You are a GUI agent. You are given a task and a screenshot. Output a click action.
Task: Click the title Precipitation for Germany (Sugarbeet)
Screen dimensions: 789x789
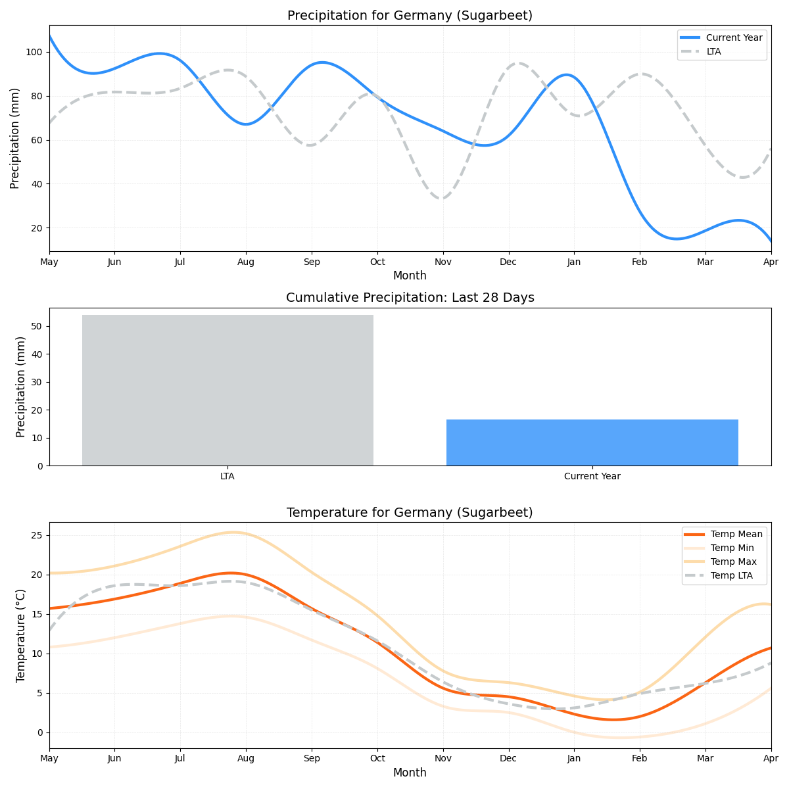pyautogui.click(x=410, y=16)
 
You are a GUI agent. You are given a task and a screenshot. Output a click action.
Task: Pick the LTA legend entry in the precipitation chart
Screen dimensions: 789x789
pyautogui.click(x=713, y=51)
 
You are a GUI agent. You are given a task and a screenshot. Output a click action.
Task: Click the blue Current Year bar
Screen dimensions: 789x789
pyautogui.click(x=592, y=442)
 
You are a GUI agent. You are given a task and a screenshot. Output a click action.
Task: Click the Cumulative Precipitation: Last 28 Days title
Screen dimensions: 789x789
pyautogui.click(x=410, y=298)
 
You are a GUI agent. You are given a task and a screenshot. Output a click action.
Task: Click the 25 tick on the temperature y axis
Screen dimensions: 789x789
pyautogui.click(x=37, y=535)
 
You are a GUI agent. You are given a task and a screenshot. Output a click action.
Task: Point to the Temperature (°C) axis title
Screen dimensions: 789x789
pyautogui.click(x=21, y=635)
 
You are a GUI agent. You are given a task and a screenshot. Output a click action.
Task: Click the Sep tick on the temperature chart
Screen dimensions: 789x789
pyautogui.click(x=312, y=759)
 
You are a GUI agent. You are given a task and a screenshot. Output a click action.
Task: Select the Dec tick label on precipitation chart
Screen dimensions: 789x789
pyautogui.click(x=508, y=262)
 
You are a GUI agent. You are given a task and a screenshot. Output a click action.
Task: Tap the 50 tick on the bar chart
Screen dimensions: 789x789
pyautogui.click(x=37, y=327)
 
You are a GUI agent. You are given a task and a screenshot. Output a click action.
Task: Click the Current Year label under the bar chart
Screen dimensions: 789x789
pyautogui.click(x=592, y=477)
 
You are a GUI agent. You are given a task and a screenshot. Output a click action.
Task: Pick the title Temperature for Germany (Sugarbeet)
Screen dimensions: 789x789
pyautogui.click(x=410, y=513)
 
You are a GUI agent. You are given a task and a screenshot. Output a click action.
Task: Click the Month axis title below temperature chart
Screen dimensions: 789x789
pyautogui.click(x=410, y=773)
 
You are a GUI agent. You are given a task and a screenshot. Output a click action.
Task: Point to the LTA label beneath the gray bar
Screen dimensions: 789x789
pyautogui.click(x=227, y=477)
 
